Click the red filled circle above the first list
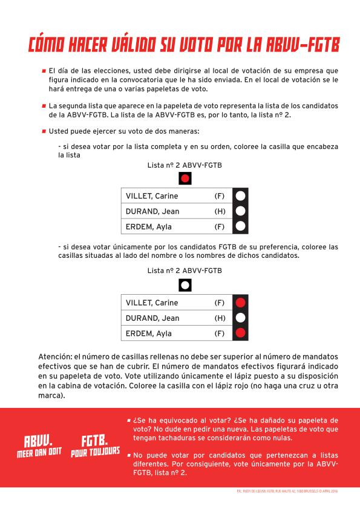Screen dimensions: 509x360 click(186, 179)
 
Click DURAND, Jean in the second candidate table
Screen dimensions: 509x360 click(152, 318)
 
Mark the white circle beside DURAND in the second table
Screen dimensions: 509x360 click(240, 318)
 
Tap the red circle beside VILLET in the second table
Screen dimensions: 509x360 click(240, 303)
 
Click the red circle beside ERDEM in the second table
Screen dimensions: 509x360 click(240, 333)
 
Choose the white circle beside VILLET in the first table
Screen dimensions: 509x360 click(240, 195)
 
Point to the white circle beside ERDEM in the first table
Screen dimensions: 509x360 click(240, 227)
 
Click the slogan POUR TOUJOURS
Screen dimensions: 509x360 click(95, 452)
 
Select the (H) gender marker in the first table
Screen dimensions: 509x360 click(220, 211)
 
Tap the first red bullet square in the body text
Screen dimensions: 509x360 click(44, 71)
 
